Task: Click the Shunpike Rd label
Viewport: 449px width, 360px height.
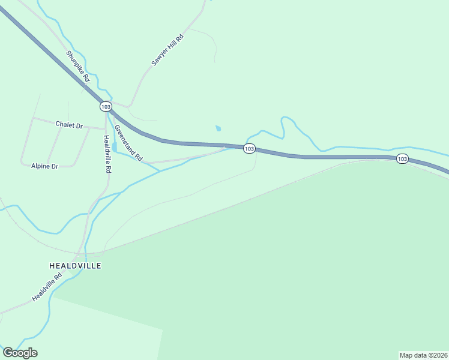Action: tap(79, 66)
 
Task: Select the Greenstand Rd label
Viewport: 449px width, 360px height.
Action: tap(128, 143)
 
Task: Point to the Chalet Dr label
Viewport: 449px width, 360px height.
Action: tap(68, 125)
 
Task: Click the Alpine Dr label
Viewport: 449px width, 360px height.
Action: tap(44, 166)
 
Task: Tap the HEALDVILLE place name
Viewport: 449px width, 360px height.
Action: tap(75, 265)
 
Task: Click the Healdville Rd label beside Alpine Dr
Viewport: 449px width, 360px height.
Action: tap(107, 155)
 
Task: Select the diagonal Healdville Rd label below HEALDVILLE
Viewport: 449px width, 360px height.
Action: tap(47, 288)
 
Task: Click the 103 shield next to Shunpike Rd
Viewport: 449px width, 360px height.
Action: tap(106, 106)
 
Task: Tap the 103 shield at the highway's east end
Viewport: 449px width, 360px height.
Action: tap(402, 158)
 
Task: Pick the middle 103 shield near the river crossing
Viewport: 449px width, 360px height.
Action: tap(250, 149)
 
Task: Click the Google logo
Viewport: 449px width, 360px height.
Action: tap(20, 353)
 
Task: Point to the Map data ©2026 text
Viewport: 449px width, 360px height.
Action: tap(423, 355)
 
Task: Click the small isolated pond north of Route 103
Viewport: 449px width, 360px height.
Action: tap(218, 128)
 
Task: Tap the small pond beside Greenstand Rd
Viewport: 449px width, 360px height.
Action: tap(115, 147)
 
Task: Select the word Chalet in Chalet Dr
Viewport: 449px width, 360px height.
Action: tap(64, 125)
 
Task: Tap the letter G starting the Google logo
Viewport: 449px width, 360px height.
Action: tap(8, 353)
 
